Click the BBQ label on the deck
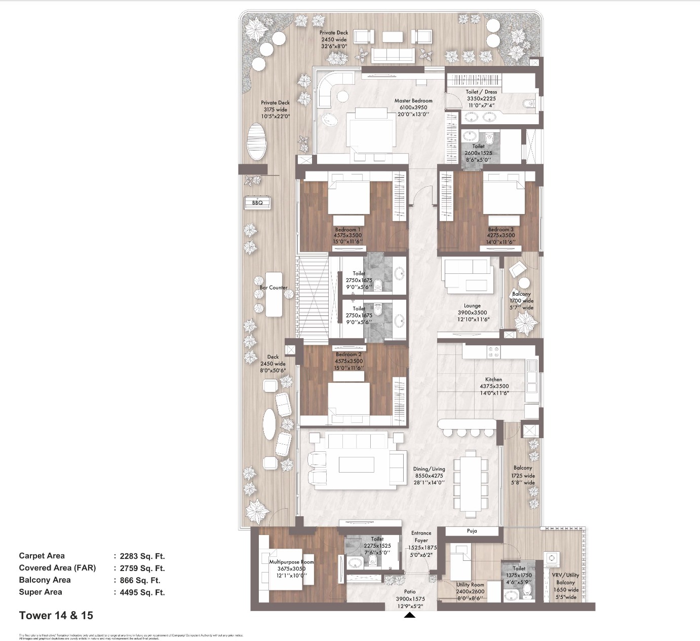pyautogui.click(x=257, y=203)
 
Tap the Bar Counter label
pyautogui.click(x=274, y=288)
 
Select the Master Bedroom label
pyautogui.click(x=413, y=101)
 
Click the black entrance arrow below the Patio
pyautogui.click(x=410, y=615)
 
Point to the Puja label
pyautogui.click(x=472, y=531)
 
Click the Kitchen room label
pyautogui.click(x=493, y=379)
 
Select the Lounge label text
pyautogui.click(x=472, y=306)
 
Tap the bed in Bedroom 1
pyautogui.click(x=348, y=198)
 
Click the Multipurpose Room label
pyautogui.click(x=291, y=562)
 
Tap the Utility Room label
pyautogui.click(x=470, y=585)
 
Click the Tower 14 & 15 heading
pyautogui.click(x=56, y=616)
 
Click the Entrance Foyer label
pyautogui.click(x=421, y=537)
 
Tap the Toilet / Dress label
pyautogui.click(x=481, y=92)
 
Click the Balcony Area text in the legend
pyautogui.click(x=45, y=580)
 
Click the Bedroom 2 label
pyautogui.click(x=348, y=354)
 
